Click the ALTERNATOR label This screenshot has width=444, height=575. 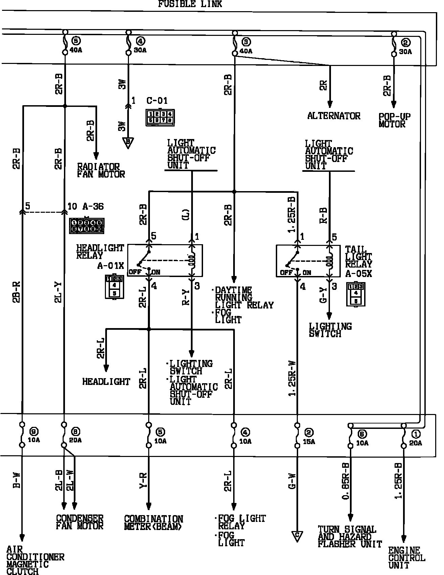(x=334, y=116)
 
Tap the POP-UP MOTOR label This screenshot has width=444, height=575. (x=394, y=120)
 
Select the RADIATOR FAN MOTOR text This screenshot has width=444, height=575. (x=101, y=170)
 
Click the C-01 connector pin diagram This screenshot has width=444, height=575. (x=160, y=117)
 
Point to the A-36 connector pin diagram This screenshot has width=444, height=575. (x=87, y=226)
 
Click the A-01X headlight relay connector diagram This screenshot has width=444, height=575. (x=114, y=287)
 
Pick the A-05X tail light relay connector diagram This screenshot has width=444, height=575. (x=356, y=294)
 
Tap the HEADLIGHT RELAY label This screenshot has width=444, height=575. (x=100, y=252)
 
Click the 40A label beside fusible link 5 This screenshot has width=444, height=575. (x=76, y=50)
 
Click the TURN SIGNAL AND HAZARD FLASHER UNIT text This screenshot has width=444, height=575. (x=350, y=536)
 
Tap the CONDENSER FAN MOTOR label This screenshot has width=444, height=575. (x=80, y=522)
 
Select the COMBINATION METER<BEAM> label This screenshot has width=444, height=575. (x=153, y=523)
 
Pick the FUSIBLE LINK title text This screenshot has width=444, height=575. (x=190, y=4)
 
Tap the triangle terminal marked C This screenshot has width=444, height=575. (x=297, y=536)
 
